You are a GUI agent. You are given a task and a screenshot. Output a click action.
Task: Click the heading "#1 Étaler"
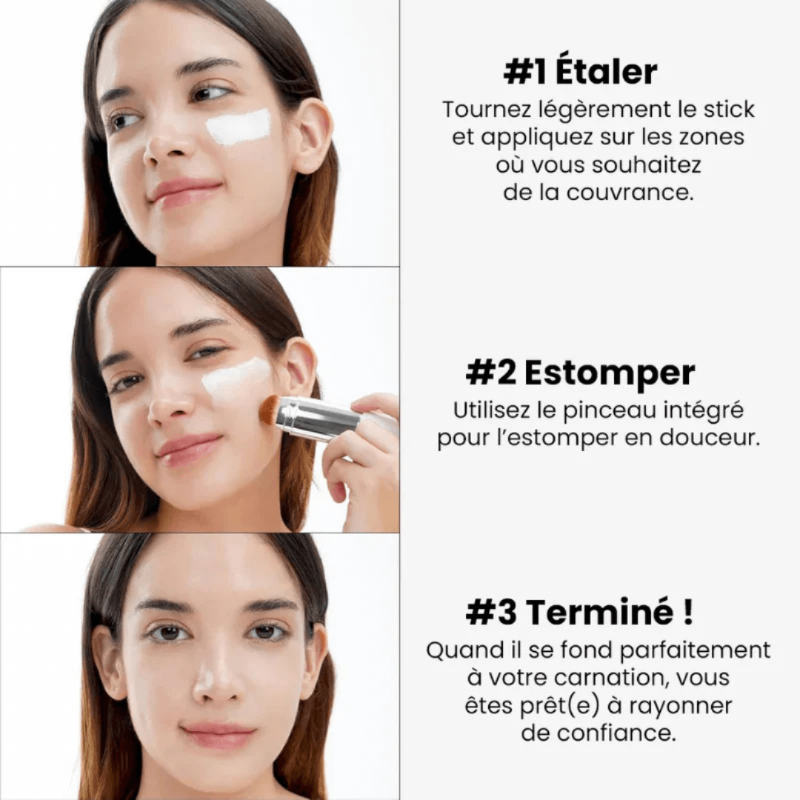580,72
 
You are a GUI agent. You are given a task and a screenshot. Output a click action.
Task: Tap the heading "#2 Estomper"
580,373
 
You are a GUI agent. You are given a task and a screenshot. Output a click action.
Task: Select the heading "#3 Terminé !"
580,613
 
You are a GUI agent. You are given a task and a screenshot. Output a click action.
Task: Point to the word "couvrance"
630,192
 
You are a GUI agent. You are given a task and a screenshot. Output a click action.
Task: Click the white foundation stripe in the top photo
238,127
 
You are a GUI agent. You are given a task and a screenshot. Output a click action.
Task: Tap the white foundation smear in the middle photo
236,377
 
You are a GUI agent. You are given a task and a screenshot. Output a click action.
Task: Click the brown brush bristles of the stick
270,409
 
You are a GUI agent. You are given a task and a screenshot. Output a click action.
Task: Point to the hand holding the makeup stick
363,459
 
